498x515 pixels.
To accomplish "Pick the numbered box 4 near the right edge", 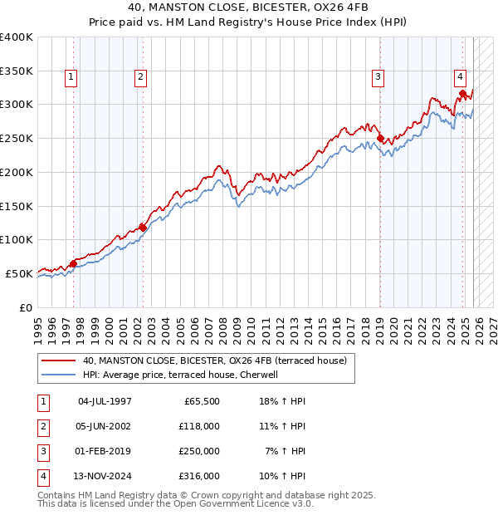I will click(460, 77).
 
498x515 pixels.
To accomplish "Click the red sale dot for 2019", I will click(380, 139).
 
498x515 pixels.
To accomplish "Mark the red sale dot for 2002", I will click(143, 227).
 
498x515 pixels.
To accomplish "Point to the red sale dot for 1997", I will click(73, 263).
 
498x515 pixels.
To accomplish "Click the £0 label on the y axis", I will click(25, 307).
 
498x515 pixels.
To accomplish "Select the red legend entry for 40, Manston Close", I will click(218, 360).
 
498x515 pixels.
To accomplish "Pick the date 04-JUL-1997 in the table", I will click(105, 401).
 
